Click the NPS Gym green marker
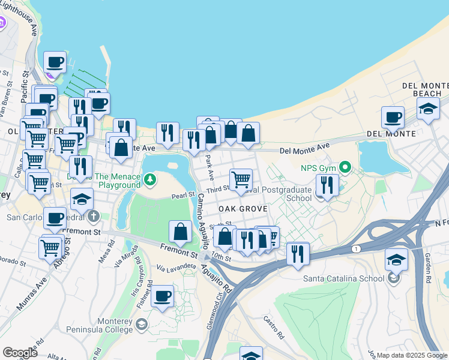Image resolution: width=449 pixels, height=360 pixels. [x=345, y=166]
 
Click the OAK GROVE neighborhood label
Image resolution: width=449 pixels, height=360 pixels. [x=243, y=208]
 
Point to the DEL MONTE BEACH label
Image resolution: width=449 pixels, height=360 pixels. [x=427, y=89]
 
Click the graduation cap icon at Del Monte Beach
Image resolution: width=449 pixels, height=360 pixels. [x=428, y=109]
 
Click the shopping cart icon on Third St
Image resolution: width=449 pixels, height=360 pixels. [x=241, y=178]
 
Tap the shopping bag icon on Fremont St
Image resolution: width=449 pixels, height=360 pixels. [x=180, y=231]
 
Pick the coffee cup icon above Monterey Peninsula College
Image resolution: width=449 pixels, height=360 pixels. [x=161, y=295]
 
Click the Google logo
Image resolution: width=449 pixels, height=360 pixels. [x=20, y=353]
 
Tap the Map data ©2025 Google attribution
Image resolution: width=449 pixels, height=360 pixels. [x=412, y=355]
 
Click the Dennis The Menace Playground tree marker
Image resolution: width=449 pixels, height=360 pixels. [x=149, y=179]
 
